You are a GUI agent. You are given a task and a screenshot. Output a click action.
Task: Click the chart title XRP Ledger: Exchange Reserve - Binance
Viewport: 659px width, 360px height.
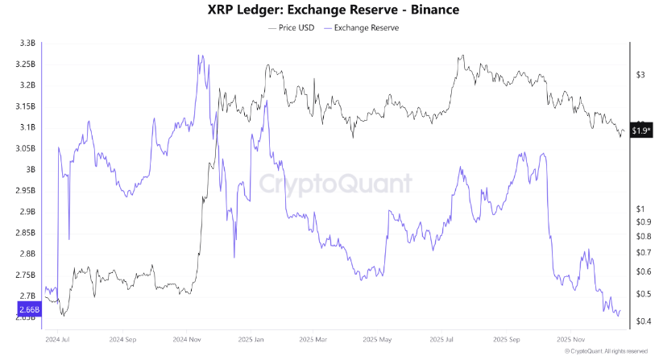(329, 10)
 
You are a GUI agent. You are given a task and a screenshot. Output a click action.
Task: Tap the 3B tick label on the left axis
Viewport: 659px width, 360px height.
(30, 169)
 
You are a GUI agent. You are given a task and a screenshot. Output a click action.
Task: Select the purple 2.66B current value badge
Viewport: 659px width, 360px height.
(27, 308)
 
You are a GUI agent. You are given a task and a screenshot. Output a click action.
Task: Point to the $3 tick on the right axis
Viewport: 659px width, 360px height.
(640, 75)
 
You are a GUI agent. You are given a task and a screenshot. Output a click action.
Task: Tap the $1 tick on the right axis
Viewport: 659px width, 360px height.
(640, 209)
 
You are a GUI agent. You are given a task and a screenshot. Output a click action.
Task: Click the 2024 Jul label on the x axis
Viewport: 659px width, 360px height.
(57, 339)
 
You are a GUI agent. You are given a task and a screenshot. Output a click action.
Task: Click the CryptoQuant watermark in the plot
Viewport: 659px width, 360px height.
(334, 184)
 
